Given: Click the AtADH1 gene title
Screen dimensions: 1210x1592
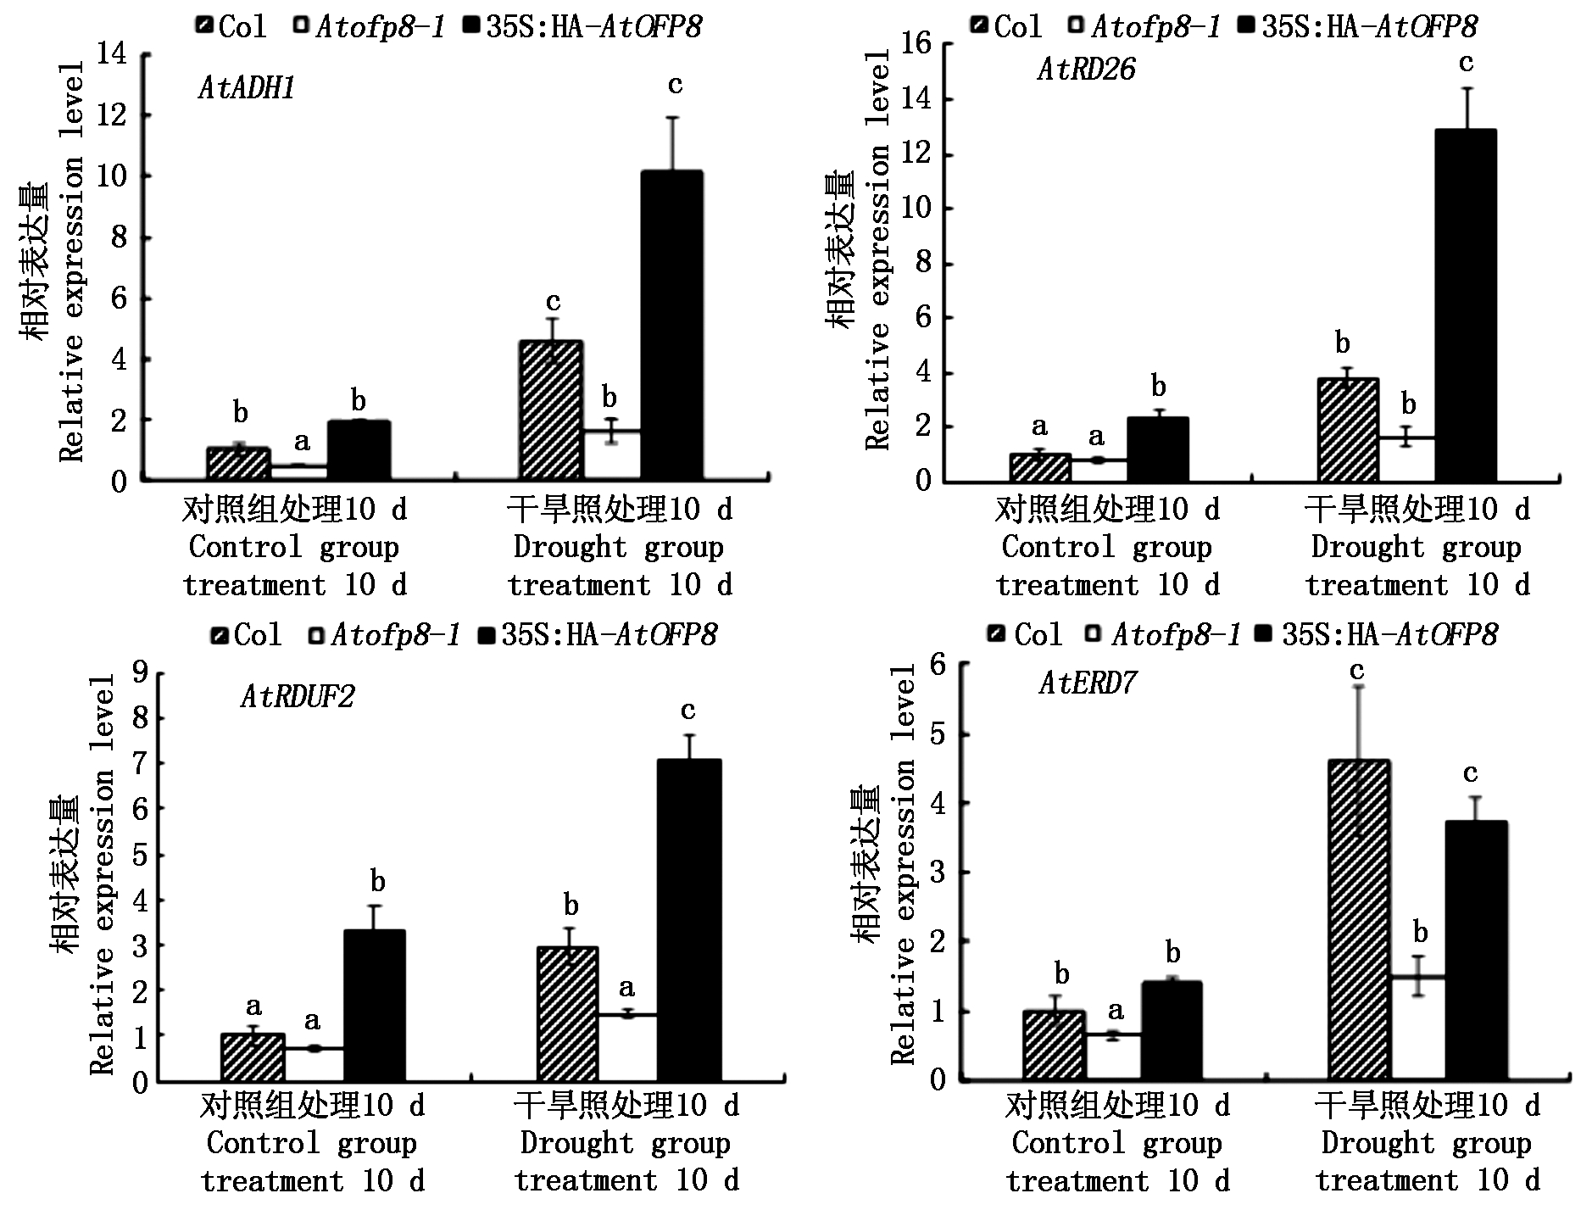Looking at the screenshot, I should coord(247,88).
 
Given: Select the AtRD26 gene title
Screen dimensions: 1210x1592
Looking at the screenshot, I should coord(1086,70).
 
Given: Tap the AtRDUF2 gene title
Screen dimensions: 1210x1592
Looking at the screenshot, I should coord(298,697).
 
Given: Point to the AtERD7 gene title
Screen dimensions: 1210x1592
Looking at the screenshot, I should coord(1088,683).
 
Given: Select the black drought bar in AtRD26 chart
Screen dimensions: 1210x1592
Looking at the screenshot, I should coord(1466,305).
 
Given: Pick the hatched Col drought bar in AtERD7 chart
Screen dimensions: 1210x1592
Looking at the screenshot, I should coord(1359,920).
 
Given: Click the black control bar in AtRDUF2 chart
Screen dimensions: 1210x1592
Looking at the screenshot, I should coord(374,1006).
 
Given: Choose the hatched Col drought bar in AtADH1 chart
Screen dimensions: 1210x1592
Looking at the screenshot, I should coord(551,410).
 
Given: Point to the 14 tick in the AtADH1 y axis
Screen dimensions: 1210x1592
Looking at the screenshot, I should coord(113,55).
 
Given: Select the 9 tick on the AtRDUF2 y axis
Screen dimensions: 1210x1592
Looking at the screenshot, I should coord(140,672).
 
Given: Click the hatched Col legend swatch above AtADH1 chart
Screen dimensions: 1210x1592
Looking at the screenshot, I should coord(204,26).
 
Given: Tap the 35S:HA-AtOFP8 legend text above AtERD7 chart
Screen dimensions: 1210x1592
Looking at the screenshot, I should coord(1390,635).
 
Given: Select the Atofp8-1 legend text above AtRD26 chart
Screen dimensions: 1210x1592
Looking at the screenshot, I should coord(1155,27).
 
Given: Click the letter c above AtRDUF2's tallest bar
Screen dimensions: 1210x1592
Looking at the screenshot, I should coord(687,711).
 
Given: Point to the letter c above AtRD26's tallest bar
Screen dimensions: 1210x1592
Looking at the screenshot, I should coord(1466,63).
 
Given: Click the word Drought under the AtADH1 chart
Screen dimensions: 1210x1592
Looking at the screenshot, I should coord(569,548).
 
